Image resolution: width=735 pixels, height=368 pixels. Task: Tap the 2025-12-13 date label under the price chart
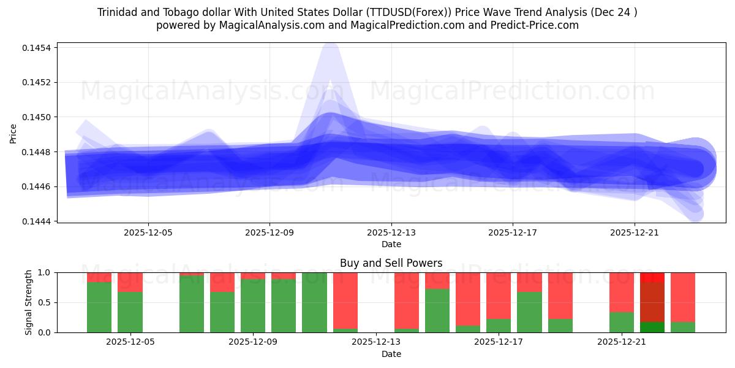click(x=391, y=233)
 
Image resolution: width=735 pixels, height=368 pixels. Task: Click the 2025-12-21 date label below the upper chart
click(x=635, y=233)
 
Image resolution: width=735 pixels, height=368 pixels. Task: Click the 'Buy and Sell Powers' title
click(x=391, y=263)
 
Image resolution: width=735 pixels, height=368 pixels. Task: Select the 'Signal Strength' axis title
click(x=29, y=302)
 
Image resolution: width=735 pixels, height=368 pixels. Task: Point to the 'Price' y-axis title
click(x=13, y=134)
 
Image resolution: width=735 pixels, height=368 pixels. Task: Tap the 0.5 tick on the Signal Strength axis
click(x=47, y=302)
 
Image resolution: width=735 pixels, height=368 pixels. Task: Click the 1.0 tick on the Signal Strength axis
click(x=47, y=272)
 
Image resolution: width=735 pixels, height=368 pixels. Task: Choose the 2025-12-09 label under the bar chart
click(x=253, y=342)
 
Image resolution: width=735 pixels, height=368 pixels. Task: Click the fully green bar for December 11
click(x=314, y=302)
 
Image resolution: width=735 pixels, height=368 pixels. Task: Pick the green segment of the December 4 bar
click(x=99, y=307)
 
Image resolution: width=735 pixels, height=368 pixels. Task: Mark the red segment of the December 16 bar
click(x=468, y=298)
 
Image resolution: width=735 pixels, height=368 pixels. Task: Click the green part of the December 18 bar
click(x=529, y=312)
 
